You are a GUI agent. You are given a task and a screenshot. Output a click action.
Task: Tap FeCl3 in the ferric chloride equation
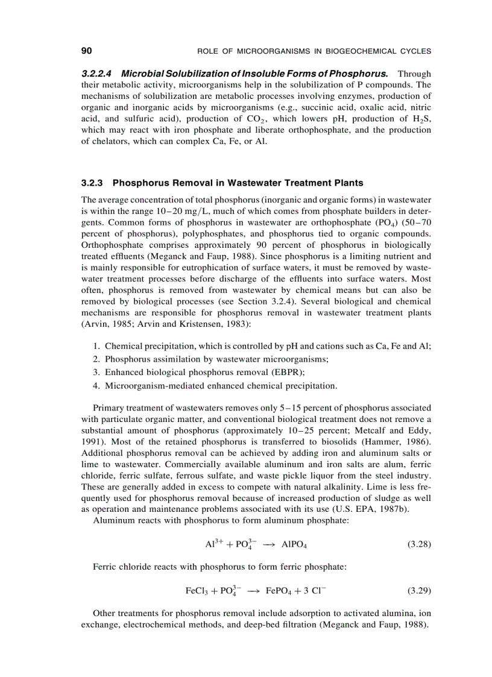tap(197, 591)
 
